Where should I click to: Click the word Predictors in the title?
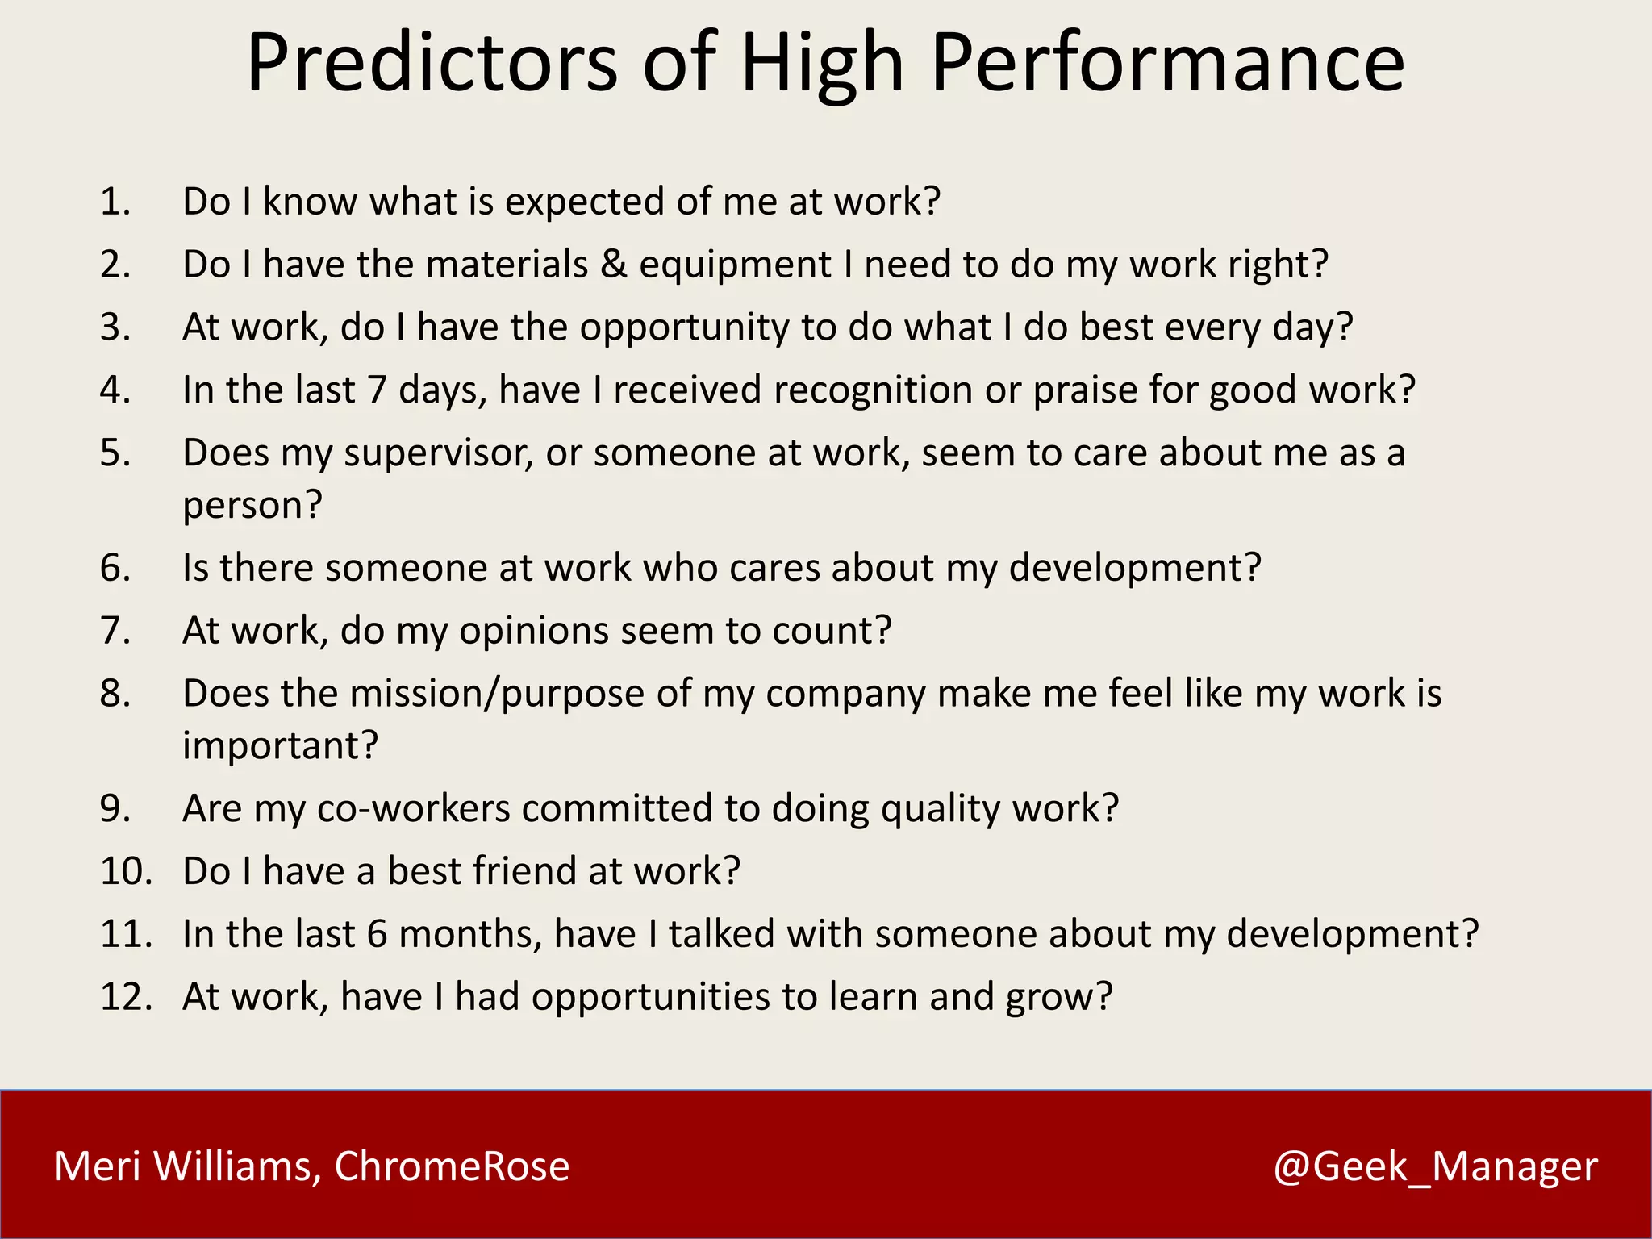tap(432, 63)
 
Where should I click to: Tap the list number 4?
tap(115, 390)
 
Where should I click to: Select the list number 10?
tap(126, 871)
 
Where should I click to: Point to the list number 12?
tap(126, 997)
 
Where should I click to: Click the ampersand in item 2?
tap(614, 265)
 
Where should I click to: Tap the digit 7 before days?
tap(377, 390)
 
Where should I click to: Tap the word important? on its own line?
tap(280, 745)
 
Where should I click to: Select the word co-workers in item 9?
tap(413, 808)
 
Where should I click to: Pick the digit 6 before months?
tap(377, 934)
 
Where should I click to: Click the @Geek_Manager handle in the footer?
tap(1435, 1167)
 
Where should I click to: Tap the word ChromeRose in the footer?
tap(452, 1166)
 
